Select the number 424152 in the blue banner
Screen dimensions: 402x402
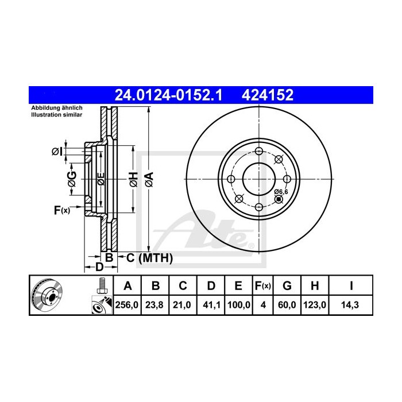[269, 95]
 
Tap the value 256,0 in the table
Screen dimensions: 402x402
[127, 305]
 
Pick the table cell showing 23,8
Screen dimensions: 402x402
[155, 305]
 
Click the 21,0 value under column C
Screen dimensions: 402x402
[183, 305]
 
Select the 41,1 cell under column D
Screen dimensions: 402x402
[210, 305]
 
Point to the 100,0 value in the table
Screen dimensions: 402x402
[238, 305]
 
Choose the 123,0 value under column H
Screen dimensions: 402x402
[316, 305]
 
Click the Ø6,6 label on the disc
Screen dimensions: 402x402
[280, 191]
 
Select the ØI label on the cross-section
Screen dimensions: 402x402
[56, 152]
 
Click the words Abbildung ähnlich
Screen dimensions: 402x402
[56, 108]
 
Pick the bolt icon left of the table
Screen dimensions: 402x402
[102, 284]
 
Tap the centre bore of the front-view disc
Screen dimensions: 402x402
[259, 177]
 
